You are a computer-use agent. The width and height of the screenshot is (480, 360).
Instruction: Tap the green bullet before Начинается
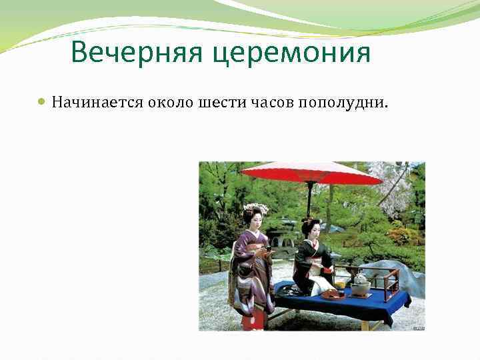point(42,103)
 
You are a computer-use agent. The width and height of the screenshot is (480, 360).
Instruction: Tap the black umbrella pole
point(309,200)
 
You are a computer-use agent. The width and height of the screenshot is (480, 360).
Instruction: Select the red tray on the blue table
point(332,294)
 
